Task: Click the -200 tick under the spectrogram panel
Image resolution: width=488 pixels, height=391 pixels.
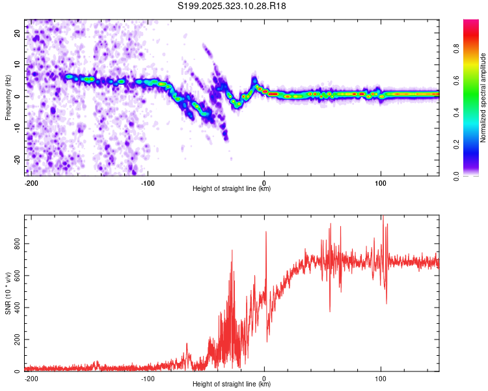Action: [30, 183]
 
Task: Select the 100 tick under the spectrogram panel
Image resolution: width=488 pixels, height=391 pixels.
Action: [380, 183]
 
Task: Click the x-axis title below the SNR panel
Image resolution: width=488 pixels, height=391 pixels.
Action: [232, 384]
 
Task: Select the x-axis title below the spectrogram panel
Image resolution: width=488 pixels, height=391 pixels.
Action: [232, 189]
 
